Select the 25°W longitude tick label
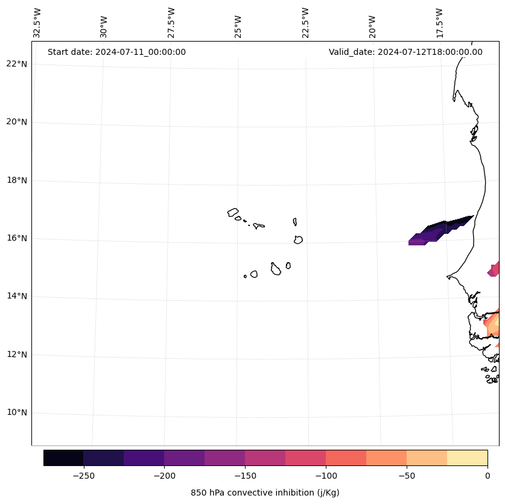click(238, 23)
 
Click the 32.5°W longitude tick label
click(37, 23)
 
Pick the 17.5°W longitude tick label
click(439, 23)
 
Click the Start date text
click(116, 52)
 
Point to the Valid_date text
click(405, 52)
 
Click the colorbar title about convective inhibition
click(265, 493)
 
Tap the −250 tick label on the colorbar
click(83, 476)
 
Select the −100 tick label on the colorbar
click(326, 476)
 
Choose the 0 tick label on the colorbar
click(488, 476)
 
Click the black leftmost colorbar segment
click(63, 458)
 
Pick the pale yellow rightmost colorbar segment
click(467, 458)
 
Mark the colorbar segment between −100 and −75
click(346, 458)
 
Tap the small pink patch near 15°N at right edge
click(495, 269)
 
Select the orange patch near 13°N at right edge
click(494, 326)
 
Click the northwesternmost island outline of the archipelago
click(233, 212)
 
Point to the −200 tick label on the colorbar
click(164, 476)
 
